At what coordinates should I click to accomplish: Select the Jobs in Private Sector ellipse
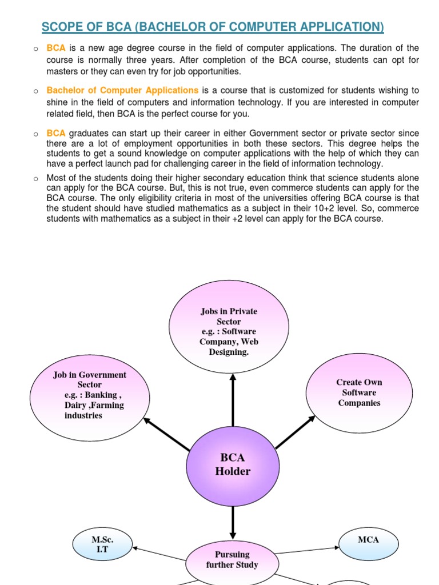(x=229, y=331)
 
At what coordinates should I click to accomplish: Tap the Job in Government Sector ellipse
(x=90, y=395)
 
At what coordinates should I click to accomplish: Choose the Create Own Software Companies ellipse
(x=359, y=392)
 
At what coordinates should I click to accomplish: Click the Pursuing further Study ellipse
(x=232, y=559)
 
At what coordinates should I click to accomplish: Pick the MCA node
(x=368, y=540)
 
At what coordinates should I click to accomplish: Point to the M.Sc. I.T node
(x=103, y=544)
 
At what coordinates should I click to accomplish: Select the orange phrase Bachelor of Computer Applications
(x=122, y=90)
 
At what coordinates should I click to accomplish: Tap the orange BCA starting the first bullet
(x=56, y=48)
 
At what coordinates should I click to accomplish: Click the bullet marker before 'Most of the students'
(x=35, y=178)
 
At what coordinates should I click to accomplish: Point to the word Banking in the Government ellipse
(x=101, y=395)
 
